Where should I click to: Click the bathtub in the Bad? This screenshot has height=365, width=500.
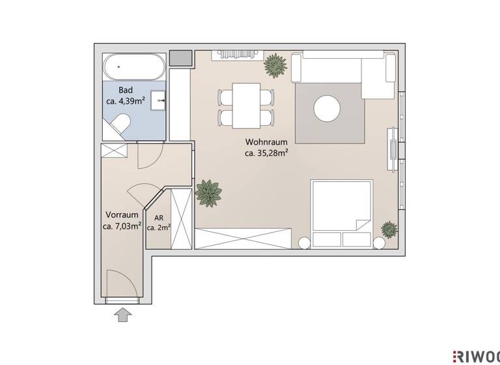133,67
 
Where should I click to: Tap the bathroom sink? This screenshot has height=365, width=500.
158,101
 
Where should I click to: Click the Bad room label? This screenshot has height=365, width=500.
126,90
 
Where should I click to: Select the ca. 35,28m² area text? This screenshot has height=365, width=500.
267,153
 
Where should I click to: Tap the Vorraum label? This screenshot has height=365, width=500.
122,214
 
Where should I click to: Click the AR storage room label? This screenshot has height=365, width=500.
159,217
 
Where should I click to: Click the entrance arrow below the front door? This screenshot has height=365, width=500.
122,315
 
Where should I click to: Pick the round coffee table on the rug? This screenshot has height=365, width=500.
327,109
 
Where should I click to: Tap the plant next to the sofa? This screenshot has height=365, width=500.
275,65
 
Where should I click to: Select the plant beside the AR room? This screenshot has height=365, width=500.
208,193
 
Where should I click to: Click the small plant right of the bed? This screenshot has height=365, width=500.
389,229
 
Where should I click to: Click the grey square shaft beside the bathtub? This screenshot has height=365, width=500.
180,57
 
